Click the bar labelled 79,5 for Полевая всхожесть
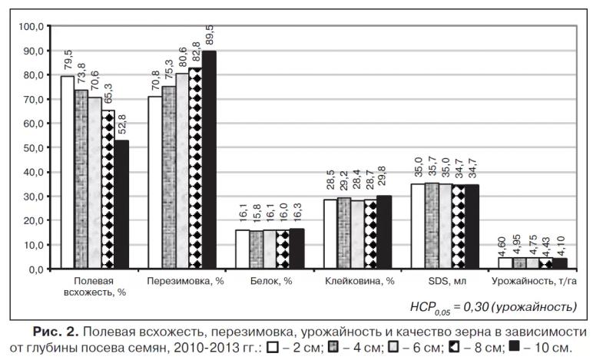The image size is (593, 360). point(68,173)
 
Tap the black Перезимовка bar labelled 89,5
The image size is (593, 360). point(209,160)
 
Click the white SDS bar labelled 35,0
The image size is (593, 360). point(417,226)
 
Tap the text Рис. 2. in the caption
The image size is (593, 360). point(55,332)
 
